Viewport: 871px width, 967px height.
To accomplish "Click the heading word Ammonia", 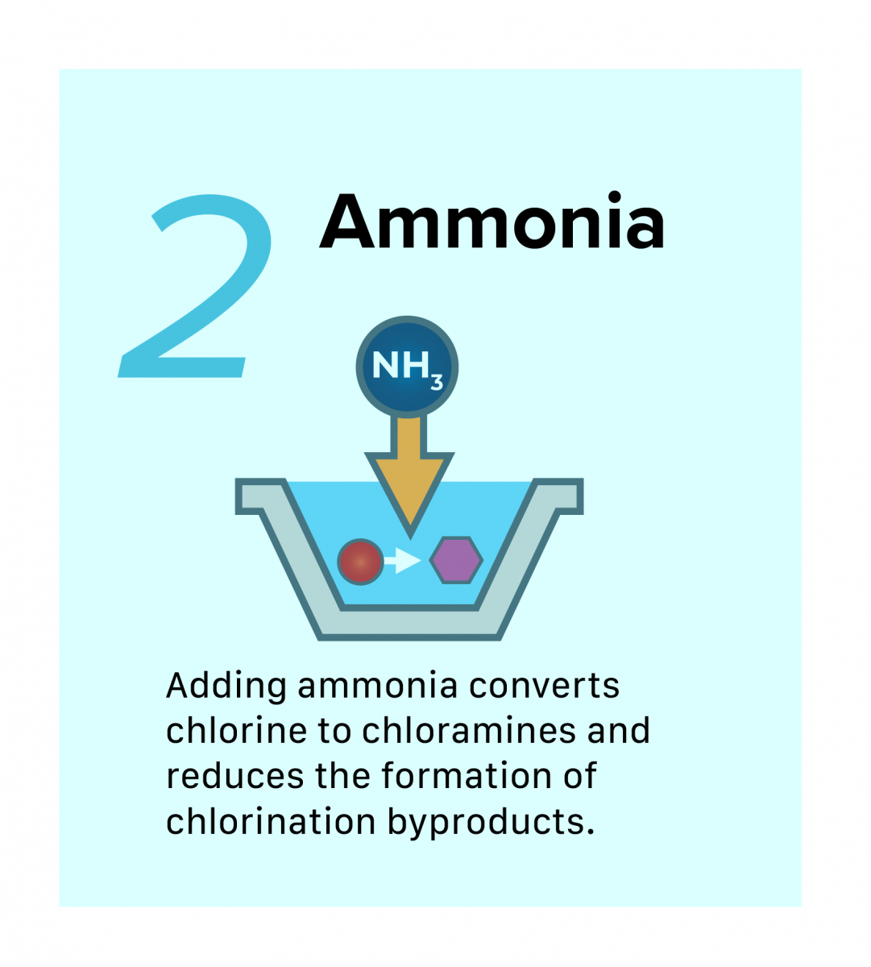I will click(492, 222).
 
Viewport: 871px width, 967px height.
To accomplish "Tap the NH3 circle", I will click(407, 367).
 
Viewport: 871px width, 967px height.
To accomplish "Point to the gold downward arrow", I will click(409, 475).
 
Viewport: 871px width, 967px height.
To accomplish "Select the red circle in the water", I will click(360, 562).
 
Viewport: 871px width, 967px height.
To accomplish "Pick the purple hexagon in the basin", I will click(456, 560).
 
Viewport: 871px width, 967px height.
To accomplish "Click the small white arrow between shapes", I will click(403, 561).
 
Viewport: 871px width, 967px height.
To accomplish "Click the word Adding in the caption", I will click(226, 687).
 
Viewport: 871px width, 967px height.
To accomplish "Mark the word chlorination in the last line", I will click(271, 821).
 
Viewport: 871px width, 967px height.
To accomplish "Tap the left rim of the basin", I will click(260, 496).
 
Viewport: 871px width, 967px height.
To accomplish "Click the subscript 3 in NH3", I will click(437, 382).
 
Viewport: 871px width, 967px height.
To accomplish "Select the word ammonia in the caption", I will click(378, 687).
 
